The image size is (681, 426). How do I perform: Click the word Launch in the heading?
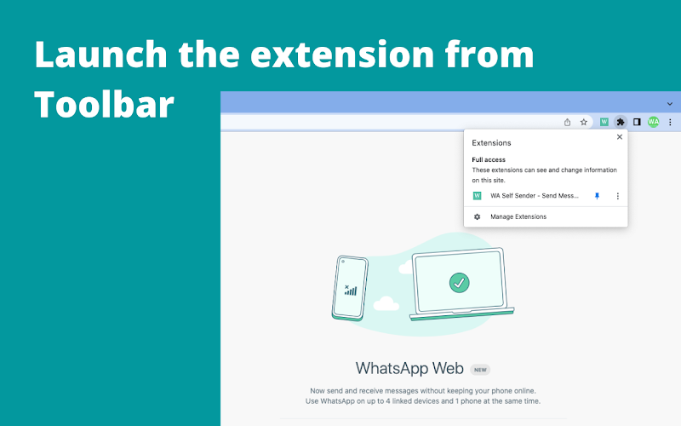tap(100, 55)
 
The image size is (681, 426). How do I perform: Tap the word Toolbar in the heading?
tap(104, 104)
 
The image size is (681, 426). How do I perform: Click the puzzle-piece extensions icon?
tap(621, 122)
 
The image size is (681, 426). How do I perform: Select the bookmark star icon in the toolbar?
tap(584, 122)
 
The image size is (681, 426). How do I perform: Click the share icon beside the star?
tap(567, 122)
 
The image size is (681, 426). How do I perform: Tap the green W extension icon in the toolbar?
tap(604, 122)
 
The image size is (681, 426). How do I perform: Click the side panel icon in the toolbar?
tap(637, 122)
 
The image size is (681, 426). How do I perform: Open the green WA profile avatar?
tap(653, 122)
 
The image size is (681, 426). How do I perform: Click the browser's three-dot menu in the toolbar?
tap(670, 122)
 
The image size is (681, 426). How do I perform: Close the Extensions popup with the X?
tap(620, 137)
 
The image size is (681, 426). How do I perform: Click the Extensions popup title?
tap(491, 143)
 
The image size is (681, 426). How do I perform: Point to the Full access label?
tap(489, 159)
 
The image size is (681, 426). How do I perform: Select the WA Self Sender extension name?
tap(535, 196)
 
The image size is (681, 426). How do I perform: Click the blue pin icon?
tap(598, 196)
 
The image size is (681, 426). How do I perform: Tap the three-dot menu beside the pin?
tap(618, 196)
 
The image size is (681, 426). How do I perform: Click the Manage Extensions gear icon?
tap(477, 216)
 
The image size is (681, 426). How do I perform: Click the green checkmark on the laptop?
tap(459, 283)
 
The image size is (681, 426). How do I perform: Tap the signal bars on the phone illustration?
tap(351, 290)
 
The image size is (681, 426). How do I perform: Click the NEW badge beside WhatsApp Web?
tap(480, 370)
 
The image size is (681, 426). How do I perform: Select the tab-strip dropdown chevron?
tap(670, 104)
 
